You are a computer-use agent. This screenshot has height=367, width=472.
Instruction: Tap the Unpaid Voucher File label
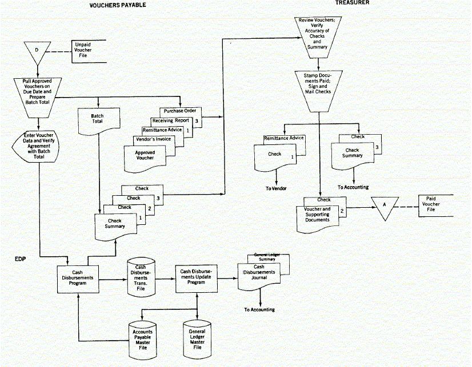click(x=83, y=51)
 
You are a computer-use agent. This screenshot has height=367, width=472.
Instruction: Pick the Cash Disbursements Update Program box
click(x=197, y=278)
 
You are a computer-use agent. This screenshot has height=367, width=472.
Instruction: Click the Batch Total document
click(x=98, y=122)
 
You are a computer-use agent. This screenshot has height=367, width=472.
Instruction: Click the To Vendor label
click(x=275, y=188)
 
